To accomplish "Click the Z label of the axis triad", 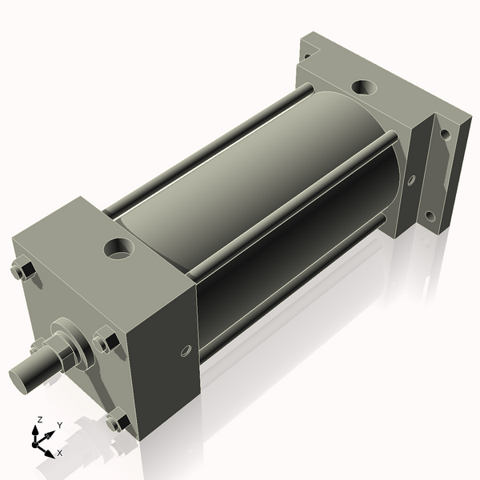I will (38, 418).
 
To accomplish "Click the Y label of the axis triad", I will (59, 425).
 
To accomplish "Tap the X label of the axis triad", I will (60, 453).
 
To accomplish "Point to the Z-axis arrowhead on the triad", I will (37, 429).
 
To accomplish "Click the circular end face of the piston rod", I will (18, 377).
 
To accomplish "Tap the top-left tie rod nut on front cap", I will (22, 271).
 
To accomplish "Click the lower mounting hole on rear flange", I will (430, 216).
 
